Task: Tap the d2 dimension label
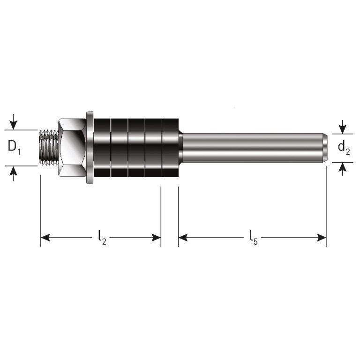344,148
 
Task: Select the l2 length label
102,238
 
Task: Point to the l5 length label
253,238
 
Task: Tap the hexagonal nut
71,148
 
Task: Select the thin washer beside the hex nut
90,148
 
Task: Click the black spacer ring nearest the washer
102,148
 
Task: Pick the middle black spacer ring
136,148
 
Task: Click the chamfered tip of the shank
325,148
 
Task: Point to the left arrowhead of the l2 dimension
45,238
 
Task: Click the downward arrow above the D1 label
14,125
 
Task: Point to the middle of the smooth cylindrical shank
253,148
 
